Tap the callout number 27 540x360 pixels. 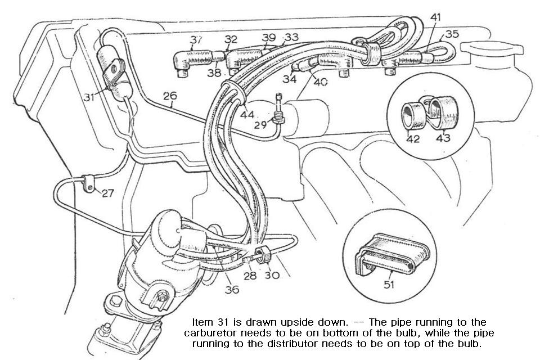(107, 193)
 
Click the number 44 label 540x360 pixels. (247, 115)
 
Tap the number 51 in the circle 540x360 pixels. (389, 285)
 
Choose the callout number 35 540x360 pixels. (451, 34)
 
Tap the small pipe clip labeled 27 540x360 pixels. (88, 183)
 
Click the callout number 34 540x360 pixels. (290, 79)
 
